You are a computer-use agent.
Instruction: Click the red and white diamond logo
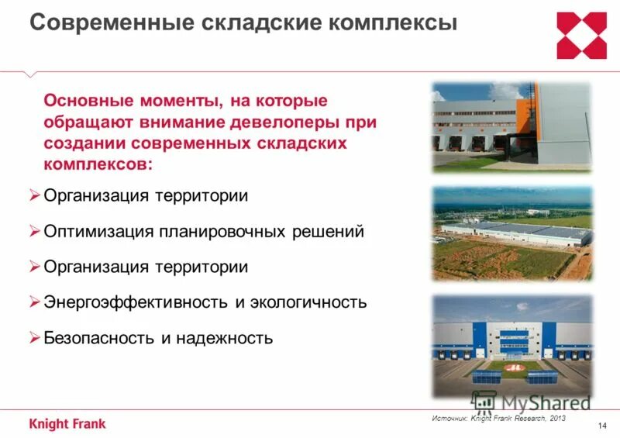point(581,36)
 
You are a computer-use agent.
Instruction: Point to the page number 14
point(603,423)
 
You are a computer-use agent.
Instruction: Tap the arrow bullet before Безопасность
point(34,337)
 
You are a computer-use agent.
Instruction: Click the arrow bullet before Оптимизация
point(34,230)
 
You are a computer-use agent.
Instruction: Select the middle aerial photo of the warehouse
point(511,233)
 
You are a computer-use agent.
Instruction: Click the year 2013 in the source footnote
point(556,419)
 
